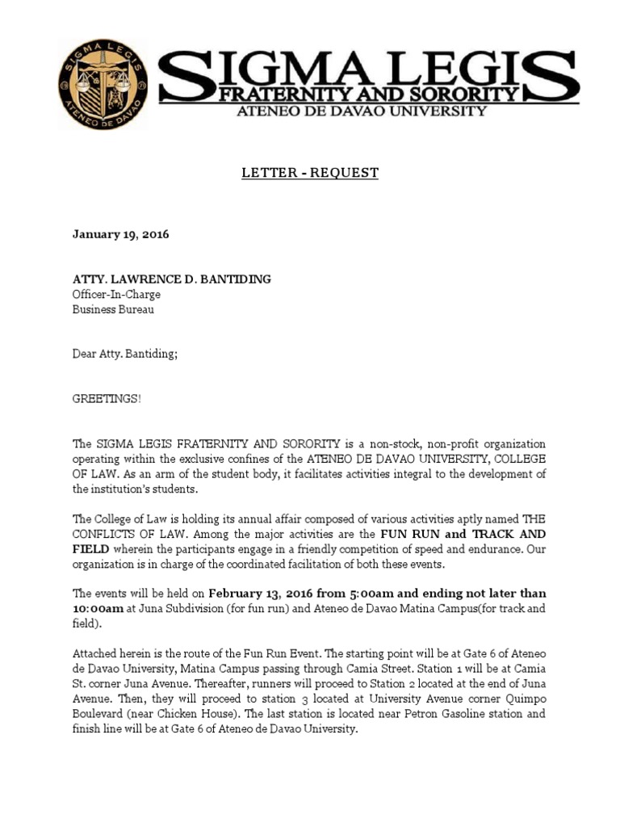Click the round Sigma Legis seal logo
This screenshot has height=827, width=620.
(103, 84)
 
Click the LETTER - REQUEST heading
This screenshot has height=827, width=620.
(311, 173)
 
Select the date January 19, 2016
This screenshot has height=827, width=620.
(121, 234)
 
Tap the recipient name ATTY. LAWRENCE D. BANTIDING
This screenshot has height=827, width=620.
(172, 279)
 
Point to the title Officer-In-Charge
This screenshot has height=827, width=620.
(116, 294)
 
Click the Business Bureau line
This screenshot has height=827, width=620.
(113, 309)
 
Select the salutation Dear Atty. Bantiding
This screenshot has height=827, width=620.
(124, 354)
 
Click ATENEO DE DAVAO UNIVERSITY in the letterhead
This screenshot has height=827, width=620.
(360, 111)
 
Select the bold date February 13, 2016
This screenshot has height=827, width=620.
(257, 594)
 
